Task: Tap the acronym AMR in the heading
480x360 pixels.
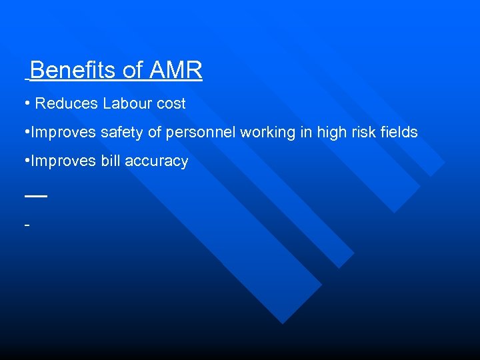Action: point(175,70)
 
